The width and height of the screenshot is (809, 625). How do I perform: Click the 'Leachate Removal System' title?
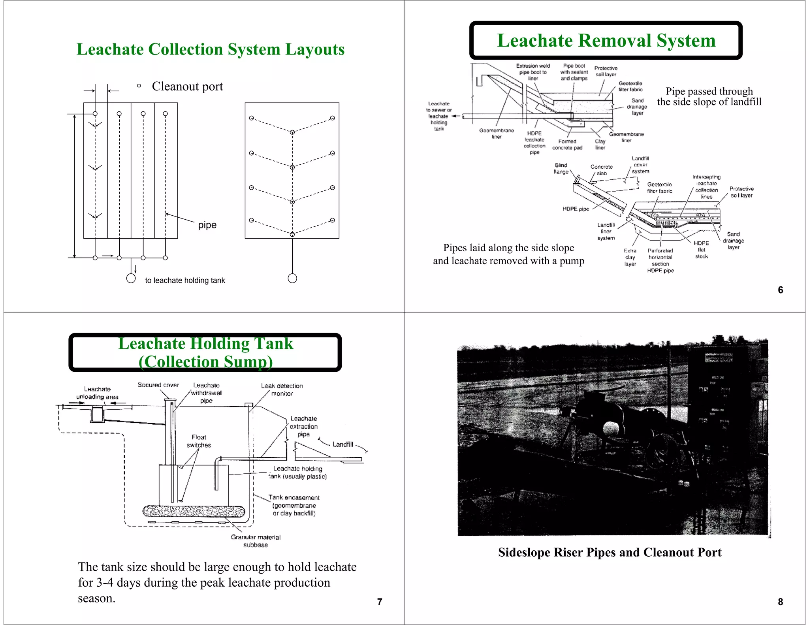tap(606, 41)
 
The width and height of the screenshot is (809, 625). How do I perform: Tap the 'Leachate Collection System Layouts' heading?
tap(210, 49)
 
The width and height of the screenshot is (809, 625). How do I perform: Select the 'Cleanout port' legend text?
tap(187, 86)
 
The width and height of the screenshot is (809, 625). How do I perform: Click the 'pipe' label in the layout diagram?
tap(207, 225)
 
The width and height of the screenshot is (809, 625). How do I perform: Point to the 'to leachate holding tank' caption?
tap(185, 280)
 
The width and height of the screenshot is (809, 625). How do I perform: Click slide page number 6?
tap(780, 290)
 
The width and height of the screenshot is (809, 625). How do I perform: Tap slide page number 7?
tap(379, 602)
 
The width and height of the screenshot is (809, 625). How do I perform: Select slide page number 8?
tap(780, 602)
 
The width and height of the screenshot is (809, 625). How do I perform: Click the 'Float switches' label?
tap(199, 441)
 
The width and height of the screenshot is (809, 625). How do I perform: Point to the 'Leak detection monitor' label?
tap(282, 390)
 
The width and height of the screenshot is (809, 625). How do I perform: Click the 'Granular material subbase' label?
tap(256, 541)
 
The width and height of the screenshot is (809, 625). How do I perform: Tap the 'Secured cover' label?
tap(158, 385)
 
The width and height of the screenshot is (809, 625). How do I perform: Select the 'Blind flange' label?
tap(561, 168)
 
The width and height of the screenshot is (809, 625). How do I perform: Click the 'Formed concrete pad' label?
tap(567, 145)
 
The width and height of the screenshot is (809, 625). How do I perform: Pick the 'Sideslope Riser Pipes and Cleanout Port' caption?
tap(610, 552)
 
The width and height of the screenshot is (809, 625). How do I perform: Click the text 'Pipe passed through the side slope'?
tap(709, 96)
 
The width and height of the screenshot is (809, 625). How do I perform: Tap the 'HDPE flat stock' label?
tap(701, 250)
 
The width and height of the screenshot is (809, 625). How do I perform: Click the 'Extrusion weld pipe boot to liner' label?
tap(533, 72)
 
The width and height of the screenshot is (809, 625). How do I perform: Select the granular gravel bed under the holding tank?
tap(194, 511)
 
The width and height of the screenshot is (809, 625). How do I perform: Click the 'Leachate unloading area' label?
tap(97, 393)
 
